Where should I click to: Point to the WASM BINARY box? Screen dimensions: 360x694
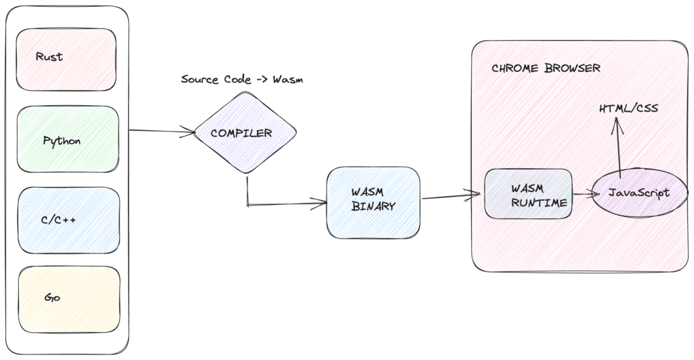[373, 201]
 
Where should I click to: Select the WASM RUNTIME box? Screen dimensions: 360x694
[529, 193]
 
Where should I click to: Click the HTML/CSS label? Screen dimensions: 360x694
[628, 108]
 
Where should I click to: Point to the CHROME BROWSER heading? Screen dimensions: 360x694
[546, 69]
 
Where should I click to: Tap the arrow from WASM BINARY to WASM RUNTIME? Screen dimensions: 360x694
[447, 197]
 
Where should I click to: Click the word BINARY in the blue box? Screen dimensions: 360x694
[373, 207]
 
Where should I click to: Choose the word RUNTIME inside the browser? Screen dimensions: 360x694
[539, 201]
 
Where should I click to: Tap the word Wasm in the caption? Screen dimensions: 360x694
[288, 79]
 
